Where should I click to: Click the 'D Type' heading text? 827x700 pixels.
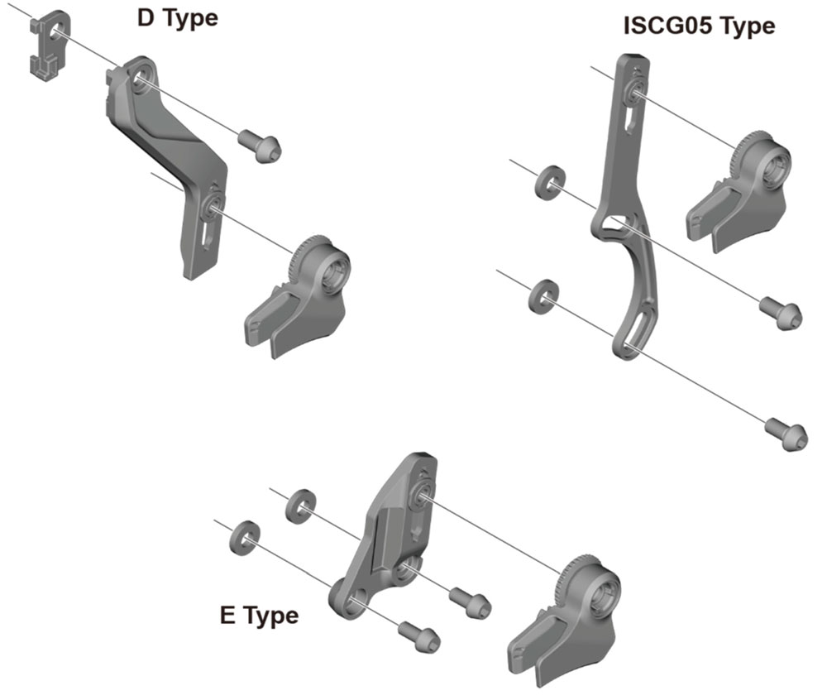point(177,17)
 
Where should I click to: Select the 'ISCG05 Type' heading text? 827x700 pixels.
point(699,26)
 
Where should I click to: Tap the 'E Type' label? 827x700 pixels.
point(258,616)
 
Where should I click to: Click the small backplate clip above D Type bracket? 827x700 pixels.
point(48,46)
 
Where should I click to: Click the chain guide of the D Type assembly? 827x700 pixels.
point(298,299)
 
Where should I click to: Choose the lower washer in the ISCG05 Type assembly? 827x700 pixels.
point(542,295)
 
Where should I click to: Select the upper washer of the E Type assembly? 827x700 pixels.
point(299,506)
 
